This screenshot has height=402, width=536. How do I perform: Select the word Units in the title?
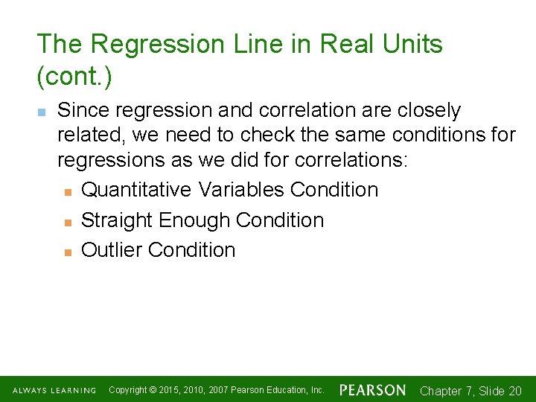click(x=413, y=44)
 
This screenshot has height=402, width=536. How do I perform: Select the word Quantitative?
click(x=136, y=190)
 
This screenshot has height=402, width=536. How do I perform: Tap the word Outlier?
click(x=112, y=250)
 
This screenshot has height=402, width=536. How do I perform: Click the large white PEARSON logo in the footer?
click(x=373, y=390)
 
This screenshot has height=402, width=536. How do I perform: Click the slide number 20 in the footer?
click(x=514, y=391)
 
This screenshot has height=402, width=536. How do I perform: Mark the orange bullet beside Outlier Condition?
click(x=68, y=252)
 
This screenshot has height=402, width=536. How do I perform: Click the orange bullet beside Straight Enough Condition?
click(x=68, y=222)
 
